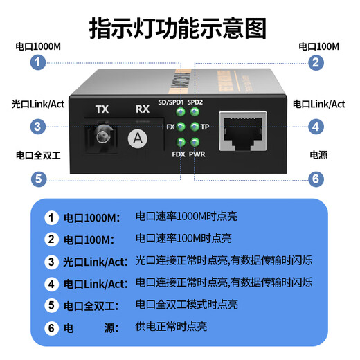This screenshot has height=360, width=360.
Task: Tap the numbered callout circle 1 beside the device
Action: (38, 62)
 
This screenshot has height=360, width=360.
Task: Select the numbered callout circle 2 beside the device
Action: (316, 62)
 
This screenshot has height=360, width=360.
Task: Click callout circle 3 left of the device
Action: (38, 127)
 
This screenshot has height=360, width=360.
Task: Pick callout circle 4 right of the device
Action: (316, 127)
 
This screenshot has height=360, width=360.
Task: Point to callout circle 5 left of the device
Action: (38, 179)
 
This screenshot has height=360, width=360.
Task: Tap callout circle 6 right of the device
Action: (316, 179)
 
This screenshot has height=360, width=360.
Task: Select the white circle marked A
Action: (139, 138)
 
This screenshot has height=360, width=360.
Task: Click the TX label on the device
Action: (102, 109)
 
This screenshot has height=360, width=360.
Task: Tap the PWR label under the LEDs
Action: (197, 153)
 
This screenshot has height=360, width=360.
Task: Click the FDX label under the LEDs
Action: (178, 153)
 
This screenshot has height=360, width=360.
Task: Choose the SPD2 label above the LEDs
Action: (195, 102)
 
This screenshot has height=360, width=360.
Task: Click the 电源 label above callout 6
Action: (319, 156)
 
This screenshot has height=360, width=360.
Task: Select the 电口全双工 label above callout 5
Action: (38, 156)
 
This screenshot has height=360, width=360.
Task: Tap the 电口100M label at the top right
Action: (319, 46)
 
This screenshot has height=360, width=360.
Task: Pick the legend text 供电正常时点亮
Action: (171, 326)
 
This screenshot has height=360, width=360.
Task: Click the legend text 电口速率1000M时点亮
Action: (186, 217)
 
